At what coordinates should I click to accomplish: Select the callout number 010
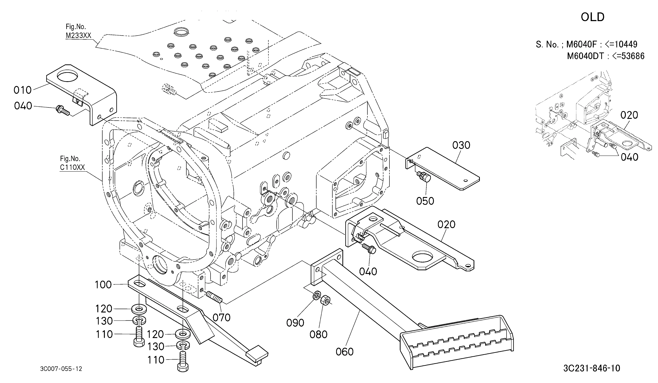[22, 90]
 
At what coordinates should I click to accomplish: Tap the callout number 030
[461, 145]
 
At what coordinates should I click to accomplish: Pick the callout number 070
[221, 318]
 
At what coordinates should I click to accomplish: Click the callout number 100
[103, 285]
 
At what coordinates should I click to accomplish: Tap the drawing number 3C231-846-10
[592, 368]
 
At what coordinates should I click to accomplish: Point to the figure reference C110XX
[72, 167]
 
